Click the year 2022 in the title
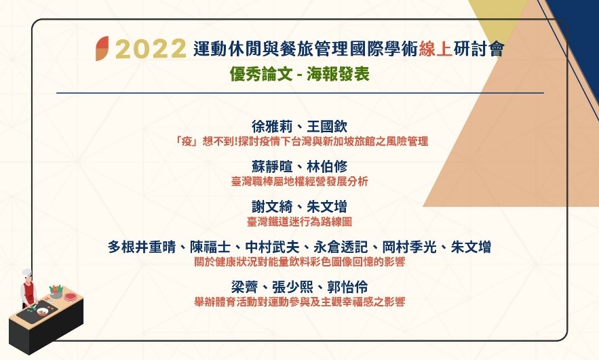[151, 49]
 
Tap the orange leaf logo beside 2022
[102, 49]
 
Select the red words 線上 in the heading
[436, 49]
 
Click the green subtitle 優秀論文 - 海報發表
[300, 74]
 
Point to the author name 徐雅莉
[272, 126]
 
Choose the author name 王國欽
[327, 126]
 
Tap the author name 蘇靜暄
[272, 167]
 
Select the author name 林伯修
[327, 167]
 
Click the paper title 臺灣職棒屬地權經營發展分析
[300, 181]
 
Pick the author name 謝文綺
[272, 207]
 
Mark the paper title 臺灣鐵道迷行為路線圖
[300, 222]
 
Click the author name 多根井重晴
[142, 247]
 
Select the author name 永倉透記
[341, 247]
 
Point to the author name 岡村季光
[409, 247]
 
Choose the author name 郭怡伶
[347, 287]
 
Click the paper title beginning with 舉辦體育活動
[300, 302]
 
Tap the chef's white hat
[26, 273]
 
